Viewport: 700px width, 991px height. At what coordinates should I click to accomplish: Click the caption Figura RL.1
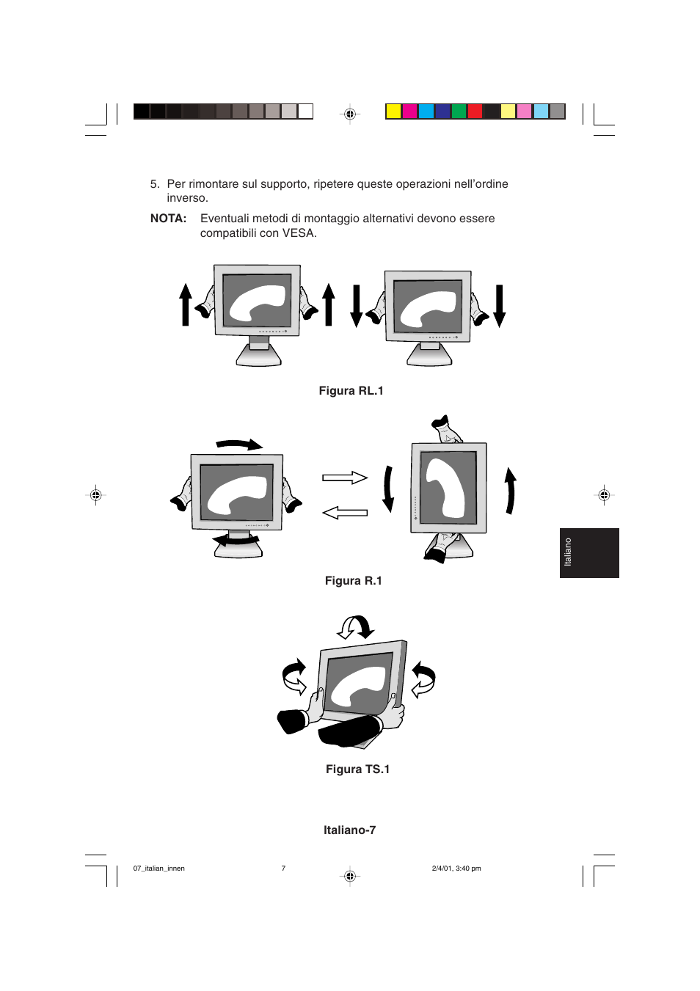pos(351,391)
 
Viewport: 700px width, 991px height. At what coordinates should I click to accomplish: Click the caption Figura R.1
pos(353,581)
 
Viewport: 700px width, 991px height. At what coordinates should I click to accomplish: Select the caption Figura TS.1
pos(357,769)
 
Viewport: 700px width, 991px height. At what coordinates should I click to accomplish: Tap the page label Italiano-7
pos(349,830)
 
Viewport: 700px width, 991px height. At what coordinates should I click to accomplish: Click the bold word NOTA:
pos(168,219)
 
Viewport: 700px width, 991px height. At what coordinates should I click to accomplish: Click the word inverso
pos(187,198)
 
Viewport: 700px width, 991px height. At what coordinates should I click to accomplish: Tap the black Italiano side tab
pos(588,552)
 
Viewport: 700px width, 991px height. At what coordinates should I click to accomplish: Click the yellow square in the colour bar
pos(393,111)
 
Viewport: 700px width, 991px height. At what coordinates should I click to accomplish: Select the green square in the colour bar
pos(459,111)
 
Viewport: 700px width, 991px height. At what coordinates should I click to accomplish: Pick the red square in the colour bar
pos(475,111)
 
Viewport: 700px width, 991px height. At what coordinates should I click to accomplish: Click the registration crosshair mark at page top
pos(350,114)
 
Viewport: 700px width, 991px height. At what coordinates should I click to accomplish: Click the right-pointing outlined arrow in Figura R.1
pos(345,478)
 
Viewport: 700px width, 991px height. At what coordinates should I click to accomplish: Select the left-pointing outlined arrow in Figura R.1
pos(345,512)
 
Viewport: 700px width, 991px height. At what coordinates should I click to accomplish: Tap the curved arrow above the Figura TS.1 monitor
pos(356,627)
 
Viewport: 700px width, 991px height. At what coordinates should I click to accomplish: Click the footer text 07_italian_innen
pos(159,869)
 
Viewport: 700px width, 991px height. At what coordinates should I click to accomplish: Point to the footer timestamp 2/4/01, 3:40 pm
pos(456,869)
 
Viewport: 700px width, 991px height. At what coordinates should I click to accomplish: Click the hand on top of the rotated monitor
pos(445,428)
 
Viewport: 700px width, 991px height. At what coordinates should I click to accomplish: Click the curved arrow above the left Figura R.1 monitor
pos(239,445)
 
